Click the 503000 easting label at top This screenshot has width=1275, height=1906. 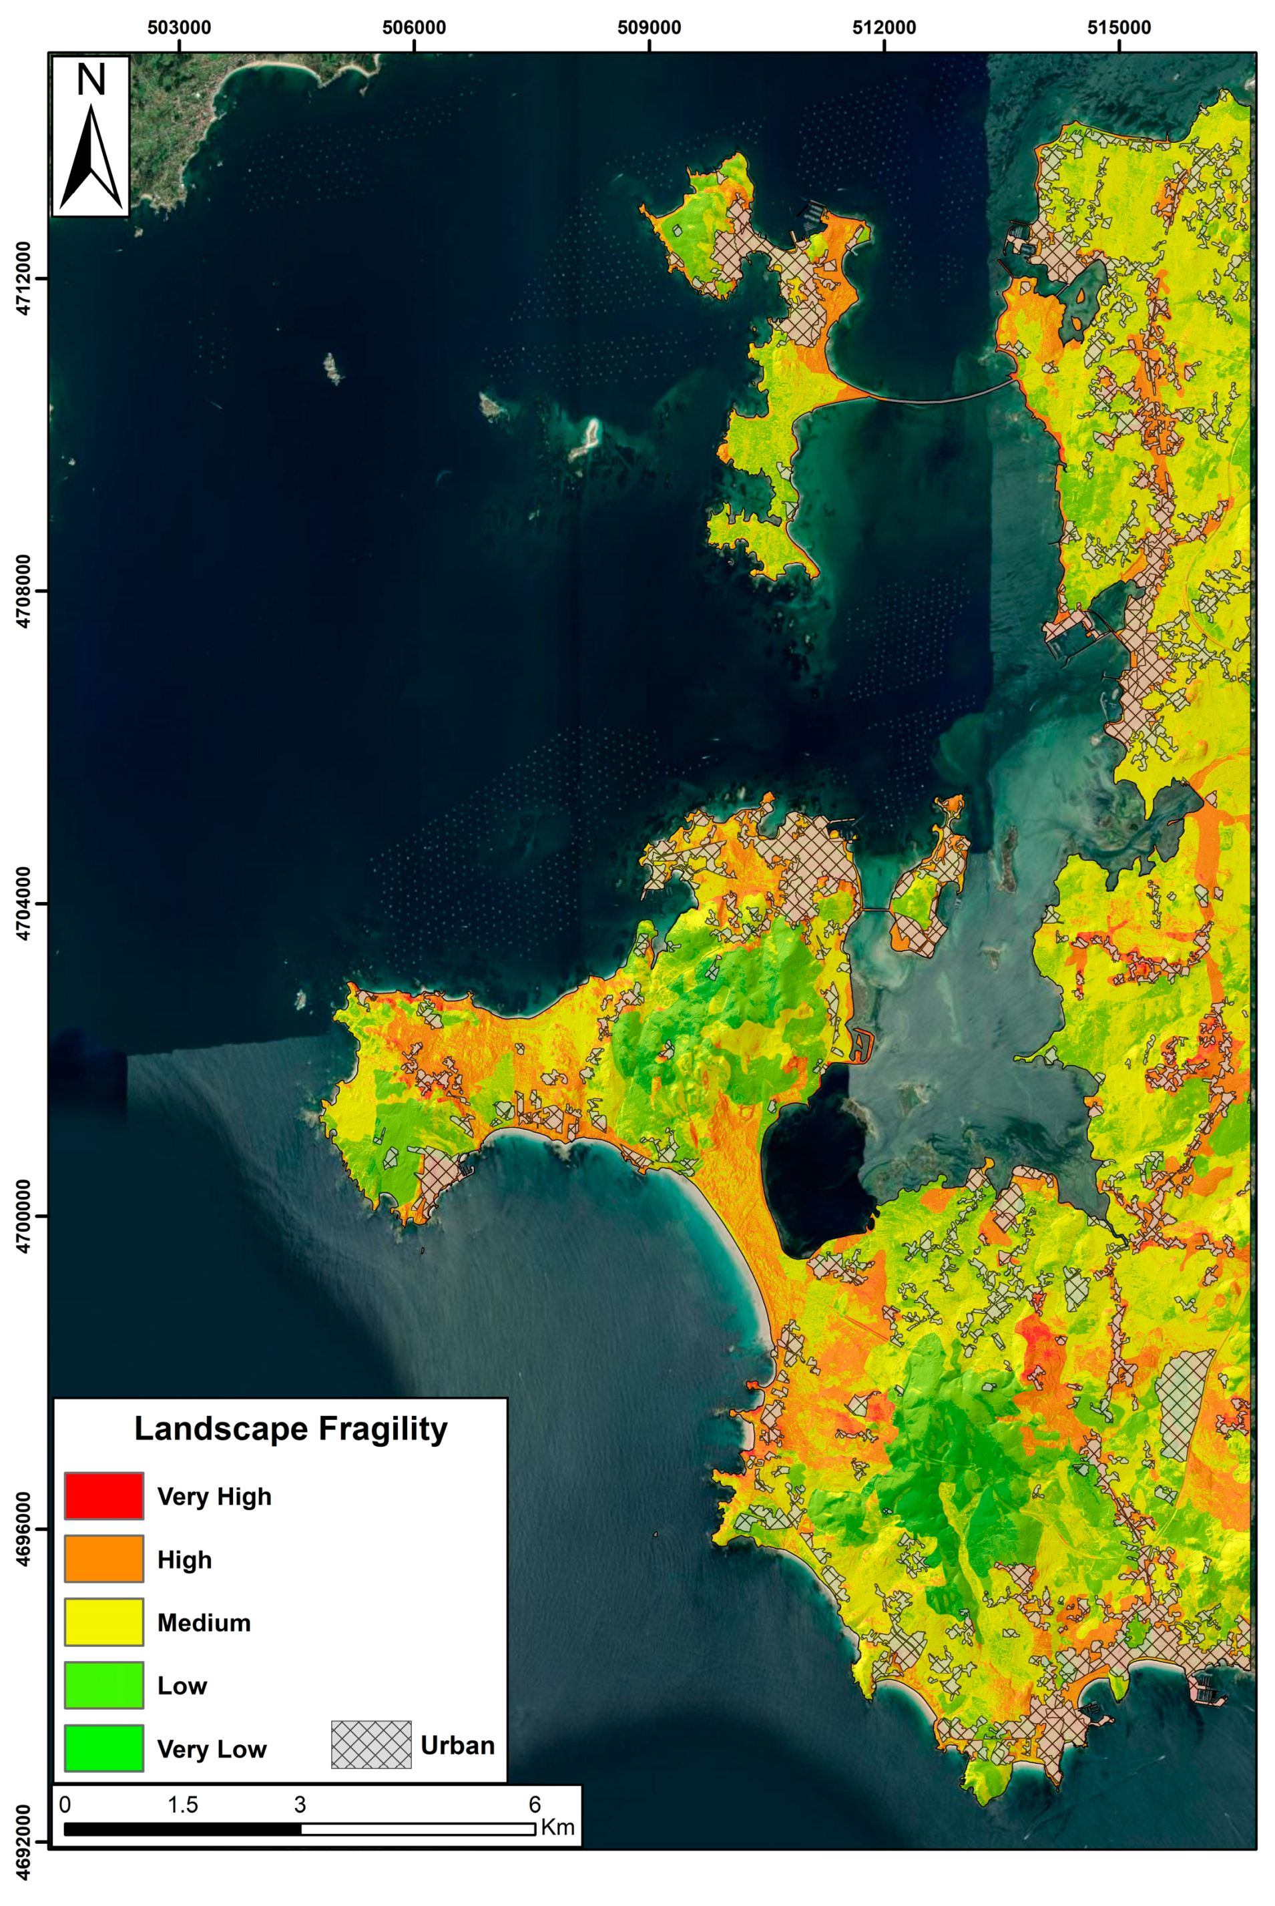(x=179, y=27)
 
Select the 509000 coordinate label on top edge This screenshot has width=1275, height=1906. (x=649, y=27)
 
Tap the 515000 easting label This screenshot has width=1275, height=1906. (x=1119, y=27)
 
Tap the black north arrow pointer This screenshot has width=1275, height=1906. (x=91, y=159)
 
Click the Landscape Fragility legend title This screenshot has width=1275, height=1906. (x=290, y=1428)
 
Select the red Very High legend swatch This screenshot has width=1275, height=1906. (x=104, y=1495)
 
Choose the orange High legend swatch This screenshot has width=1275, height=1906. (x=104, y=1558)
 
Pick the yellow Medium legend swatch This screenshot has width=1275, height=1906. (x=104, y=1622)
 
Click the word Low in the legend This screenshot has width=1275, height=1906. (x=182, y=1685)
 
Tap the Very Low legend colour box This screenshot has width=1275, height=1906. (x=104, y=1748)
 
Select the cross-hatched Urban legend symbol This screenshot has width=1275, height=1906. (x=370, y=1745)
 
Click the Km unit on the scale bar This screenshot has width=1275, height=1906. (x=558, y=1827)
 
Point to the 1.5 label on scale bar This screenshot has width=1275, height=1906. (x=182, y=1805)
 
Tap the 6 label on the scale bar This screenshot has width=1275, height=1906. (x=534, y=1805)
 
